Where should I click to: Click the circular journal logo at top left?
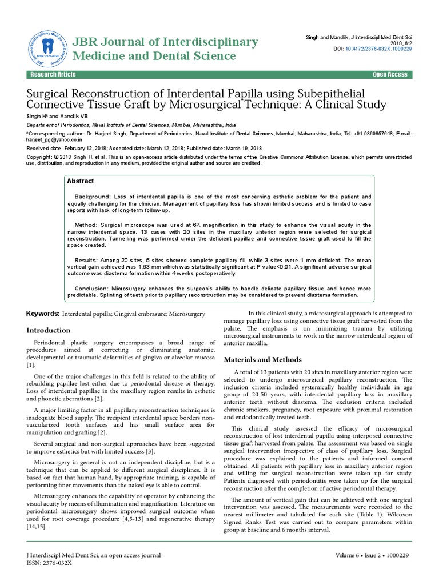(x=46, y=46)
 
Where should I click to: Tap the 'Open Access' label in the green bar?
(x=390, y=75)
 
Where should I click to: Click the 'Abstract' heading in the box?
(x=81, y=181)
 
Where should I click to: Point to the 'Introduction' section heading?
(x=49, y=330)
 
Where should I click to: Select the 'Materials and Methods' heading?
(x=254, y=360)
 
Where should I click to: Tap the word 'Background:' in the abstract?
(x=93, y=197)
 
